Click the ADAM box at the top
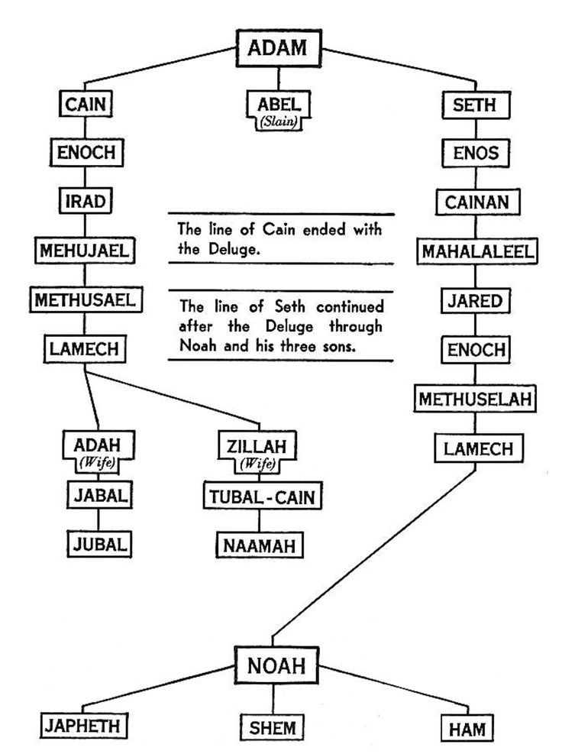277,47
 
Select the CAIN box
84,104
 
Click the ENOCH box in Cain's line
85,152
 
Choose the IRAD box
85,201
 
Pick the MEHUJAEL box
85,250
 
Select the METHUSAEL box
84,299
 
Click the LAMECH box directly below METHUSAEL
84,348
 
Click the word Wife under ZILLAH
258,462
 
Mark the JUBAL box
98,545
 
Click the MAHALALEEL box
476,251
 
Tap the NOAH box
276,665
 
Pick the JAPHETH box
85,725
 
